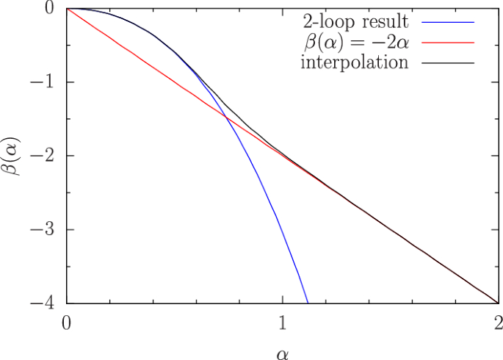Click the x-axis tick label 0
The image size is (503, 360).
[x=67, y=321]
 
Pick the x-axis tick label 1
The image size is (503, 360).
[x=282, y=321]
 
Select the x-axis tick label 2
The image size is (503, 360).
[x=497, y=321]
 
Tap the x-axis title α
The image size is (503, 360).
[x=282, y=351]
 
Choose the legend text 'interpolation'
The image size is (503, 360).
[x=354, y=62]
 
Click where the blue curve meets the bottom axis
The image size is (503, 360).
[x=308, y=302]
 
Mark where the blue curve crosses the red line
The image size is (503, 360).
[x=226, y=118]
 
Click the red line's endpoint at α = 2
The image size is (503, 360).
[x=497, y=302]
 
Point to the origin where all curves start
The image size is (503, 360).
[x=67, y=9]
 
